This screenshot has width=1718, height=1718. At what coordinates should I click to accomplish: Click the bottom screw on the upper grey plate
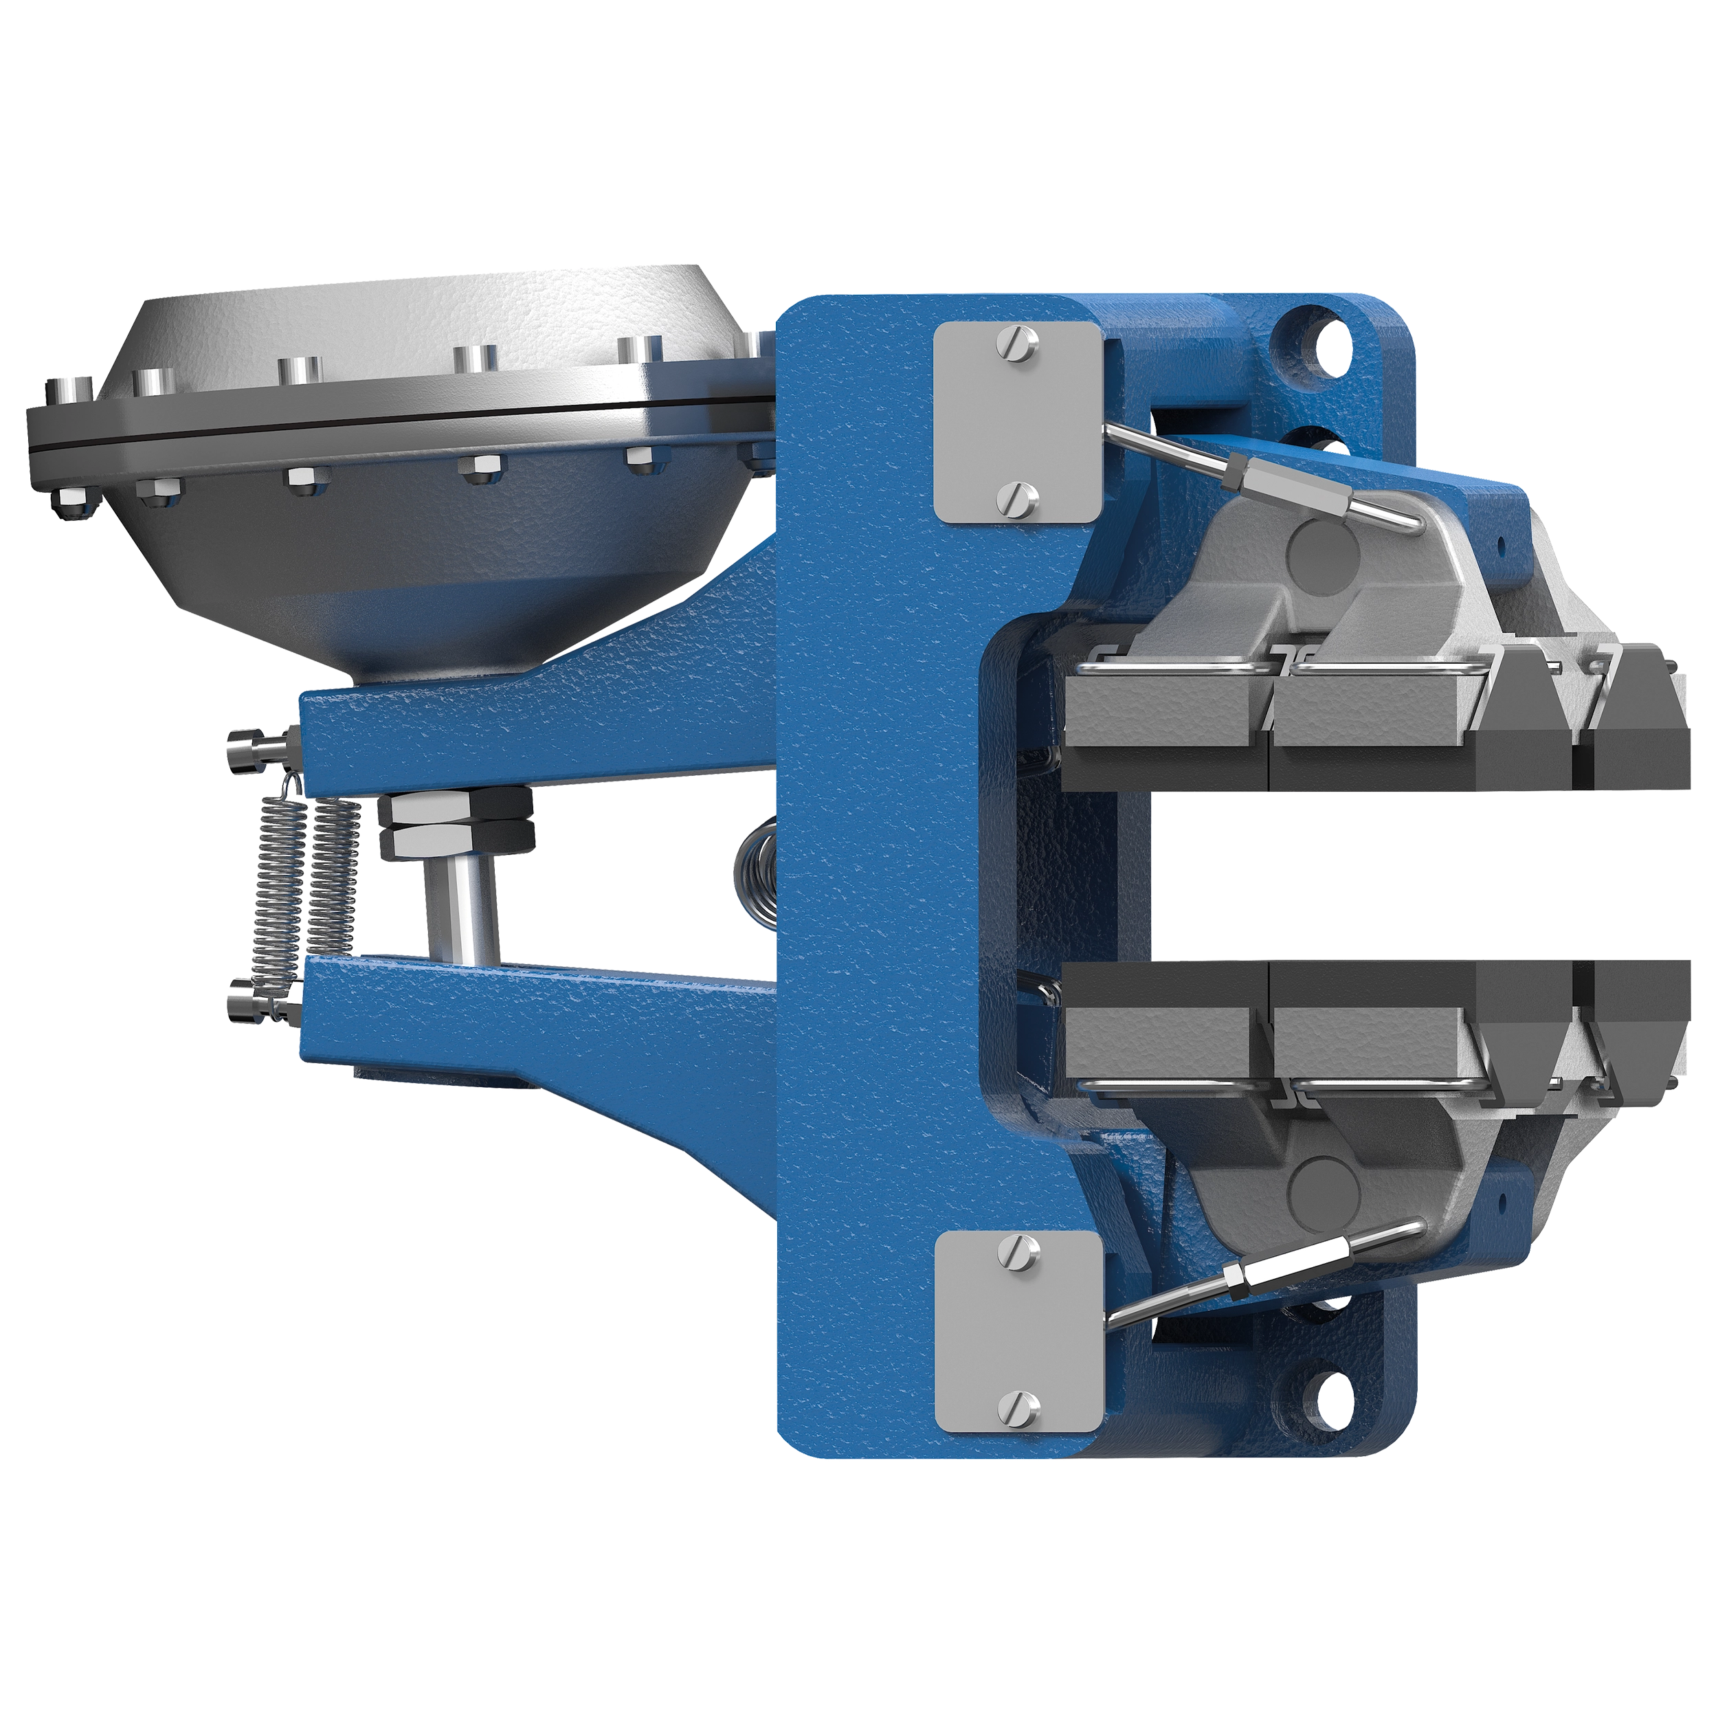pyautogui.click(x=1019, y=498)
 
